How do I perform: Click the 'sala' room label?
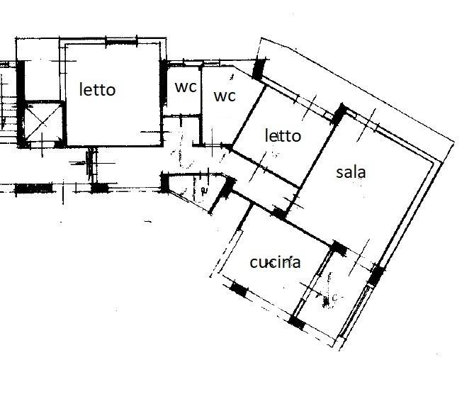click(x=352, y=172)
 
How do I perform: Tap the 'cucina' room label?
click(x=275, y=262)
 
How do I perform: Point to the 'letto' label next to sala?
click(x=283, y=135)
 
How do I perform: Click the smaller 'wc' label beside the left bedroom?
click(x=186, y=87)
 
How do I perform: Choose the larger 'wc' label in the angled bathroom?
click(x=225, y=95)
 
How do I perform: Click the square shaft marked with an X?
click(x=42, y=123)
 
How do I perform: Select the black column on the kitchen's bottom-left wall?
click(x=239, y=290)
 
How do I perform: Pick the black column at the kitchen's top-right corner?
click(x=339, y=248)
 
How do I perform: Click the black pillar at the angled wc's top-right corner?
click(x=256, y=69)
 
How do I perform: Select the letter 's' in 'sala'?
click(x=339, y=173)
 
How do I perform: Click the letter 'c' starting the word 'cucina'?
click(x=254, y=263)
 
